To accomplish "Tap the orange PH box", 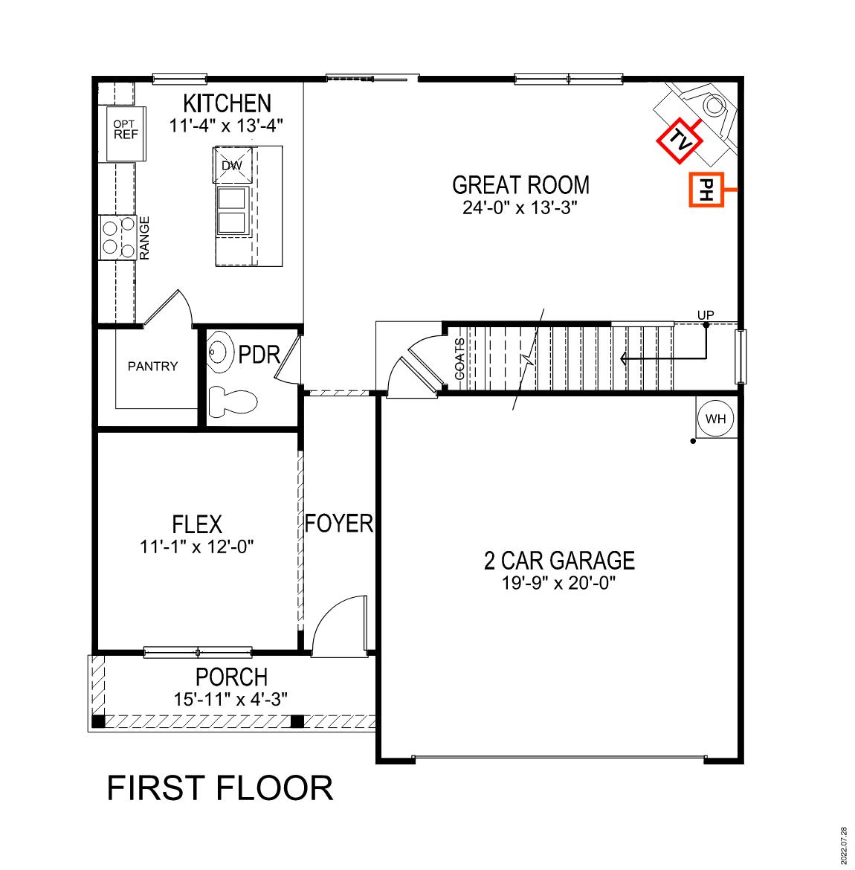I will tap(706, 190).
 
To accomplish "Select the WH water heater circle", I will tap(715, 419).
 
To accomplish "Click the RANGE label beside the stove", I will tap(145, 238).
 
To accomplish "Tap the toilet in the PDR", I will tap(232, 402).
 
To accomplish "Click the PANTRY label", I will tap(152, 366).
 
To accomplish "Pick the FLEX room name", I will tap(197, 524).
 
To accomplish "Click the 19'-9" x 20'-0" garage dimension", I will tap(559, 582).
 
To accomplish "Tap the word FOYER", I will tap(339, 523).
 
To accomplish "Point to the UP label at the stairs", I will tap(706, 315).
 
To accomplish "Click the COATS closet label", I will tap(459, 359).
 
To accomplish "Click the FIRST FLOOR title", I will tap(220, 788).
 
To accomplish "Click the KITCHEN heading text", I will tap(228, 103).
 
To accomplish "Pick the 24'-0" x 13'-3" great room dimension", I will tap(520, 207).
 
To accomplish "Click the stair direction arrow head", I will tap(623, 359).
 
